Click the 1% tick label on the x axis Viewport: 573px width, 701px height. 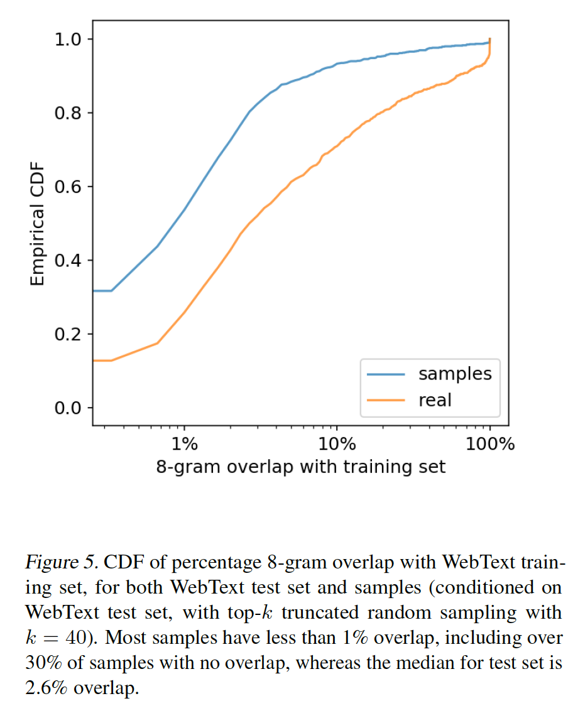tap(184, 444)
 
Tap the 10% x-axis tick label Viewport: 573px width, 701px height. tap(337, 444)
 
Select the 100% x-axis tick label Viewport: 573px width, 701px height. tap(490, 444)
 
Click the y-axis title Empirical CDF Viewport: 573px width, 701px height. tap(38, 223)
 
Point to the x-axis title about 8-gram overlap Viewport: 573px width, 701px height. tap(301, 467)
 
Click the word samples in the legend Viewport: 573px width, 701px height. tap(455, 374)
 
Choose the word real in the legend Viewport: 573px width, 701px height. tap(435, 399)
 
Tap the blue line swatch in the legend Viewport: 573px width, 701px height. tap(386, 374)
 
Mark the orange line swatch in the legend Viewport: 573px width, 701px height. tap(386, 399)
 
